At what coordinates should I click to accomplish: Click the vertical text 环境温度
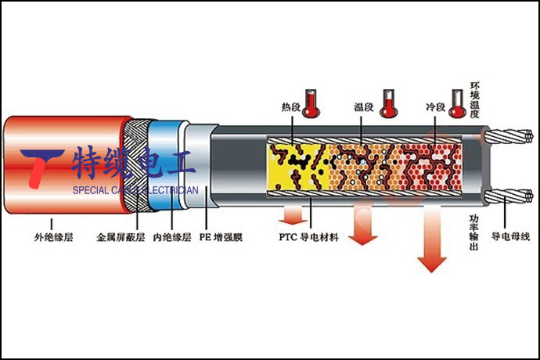click(474, 98)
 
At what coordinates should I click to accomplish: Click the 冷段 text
click(436, 106)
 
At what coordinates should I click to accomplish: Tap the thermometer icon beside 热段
click(312, 103)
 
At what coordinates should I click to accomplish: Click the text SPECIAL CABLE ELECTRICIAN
click(135, 190)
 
